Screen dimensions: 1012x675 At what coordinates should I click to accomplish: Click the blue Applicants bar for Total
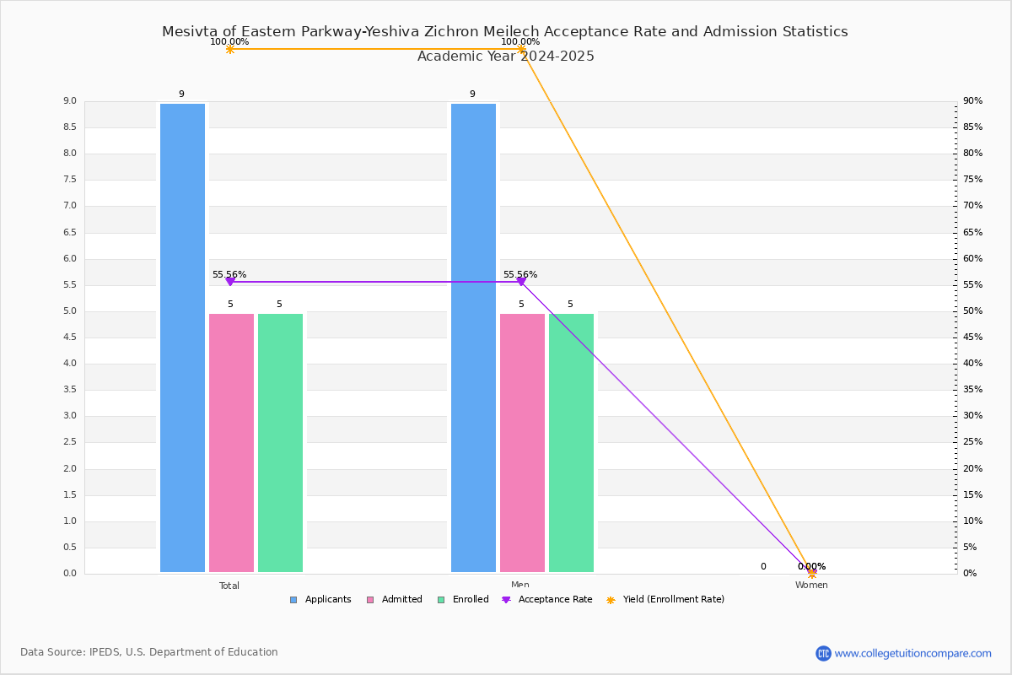click(182, 337)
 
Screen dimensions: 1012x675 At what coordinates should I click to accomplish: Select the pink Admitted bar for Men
click(522, 443)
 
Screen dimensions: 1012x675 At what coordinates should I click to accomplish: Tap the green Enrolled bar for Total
click(280, 443)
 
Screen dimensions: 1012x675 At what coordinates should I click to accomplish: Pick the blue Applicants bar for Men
click(473, 337)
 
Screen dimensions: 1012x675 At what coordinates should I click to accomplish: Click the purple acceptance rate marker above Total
click(230, 282)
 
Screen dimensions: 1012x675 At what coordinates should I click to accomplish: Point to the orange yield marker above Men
click(521, 49)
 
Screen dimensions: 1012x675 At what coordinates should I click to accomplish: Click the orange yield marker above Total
click(230, 49)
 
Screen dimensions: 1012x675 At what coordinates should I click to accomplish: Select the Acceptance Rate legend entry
click(546, 600)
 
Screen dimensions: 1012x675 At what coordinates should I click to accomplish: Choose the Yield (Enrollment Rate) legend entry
click(665, 600)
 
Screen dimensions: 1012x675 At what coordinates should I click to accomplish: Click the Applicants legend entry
click(320, 600)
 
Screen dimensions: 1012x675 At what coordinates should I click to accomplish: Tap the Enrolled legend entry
click(463, 600)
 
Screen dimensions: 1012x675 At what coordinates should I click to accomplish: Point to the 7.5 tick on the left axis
click(70, 180)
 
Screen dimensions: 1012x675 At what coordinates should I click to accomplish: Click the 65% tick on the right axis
click(972, 232)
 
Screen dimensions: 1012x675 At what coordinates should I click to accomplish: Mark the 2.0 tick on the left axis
click(70, 468)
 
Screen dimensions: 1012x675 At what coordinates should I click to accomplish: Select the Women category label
click(811, 585)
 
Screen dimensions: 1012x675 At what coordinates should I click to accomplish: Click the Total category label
click(229, 586)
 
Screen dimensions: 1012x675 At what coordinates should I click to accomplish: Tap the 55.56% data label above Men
click(520, 274)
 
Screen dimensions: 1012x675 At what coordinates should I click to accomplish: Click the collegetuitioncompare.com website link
click(912, 653)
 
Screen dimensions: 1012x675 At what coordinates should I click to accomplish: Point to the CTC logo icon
click(823, 653)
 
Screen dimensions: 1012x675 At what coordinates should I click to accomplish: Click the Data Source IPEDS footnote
click(149, 652)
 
